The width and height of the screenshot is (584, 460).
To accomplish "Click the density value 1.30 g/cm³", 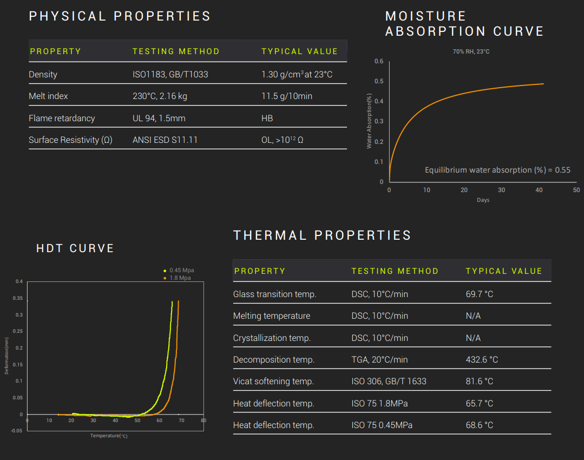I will click(297, 74).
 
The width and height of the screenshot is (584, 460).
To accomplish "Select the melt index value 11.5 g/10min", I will click(287, 96).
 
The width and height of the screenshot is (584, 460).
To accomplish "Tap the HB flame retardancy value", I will click(267, 118).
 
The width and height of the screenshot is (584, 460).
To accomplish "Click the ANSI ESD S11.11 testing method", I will click(165, 140).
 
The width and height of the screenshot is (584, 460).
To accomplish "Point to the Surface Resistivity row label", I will click(70, 140).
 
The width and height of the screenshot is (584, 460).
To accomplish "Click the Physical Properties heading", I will click(120, 16).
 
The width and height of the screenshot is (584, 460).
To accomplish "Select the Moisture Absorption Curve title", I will click(464, 24).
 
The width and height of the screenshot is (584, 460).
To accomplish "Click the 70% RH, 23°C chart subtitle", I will click(471, 51).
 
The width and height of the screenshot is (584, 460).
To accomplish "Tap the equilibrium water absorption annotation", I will click(497, 170).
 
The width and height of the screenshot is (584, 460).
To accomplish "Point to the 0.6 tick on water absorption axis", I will click(379, 61).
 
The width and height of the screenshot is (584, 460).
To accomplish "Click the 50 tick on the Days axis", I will click(576, 190).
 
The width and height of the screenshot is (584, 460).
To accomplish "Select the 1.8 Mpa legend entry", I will click(180, 278).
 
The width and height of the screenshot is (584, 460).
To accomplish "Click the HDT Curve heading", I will click(75, 248).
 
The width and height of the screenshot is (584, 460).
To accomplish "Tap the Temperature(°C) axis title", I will click(109, 436).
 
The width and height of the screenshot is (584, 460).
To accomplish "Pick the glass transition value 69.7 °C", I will click(480, 294).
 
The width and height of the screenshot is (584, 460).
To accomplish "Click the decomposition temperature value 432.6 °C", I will click(482, 359).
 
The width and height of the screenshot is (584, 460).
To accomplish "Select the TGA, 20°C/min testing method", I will click(379, 359).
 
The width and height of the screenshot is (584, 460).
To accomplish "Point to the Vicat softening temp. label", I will click(273, 382).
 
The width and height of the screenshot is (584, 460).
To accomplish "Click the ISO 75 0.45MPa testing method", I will click(382, 425).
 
